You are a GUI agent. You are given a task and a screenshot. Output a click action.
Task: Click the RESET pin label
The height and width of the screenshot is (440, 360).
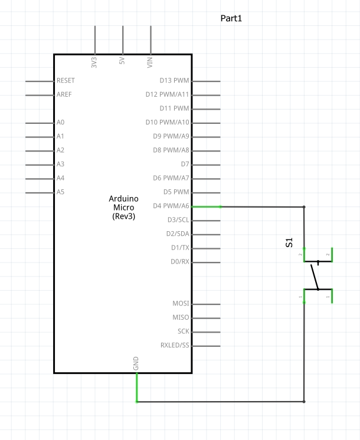(x=66, y=80)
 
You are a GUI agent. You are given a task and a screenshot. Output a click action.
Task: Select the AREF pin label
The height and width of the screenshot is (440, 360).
(x=64, y=94)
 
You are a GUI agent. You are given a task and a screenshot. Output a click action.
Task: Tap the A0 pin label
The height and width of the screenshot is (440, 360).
(x=60, y=122)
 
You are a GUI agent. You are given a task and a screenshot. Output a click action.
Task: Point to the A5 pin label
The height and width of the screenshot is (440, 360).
(x=60, y=192)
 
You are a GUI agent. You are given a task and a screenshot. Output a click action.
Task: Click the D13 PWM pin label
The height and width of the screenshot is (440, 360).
(x=174, y=80)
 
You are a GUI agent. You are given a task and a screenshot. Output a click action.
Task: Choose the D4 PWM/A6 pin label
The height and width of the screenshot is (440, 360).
(x=171, y=206)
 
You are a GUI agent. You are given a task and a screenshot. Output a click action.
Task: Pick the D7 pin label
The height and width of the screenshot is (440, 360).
(x=185, y=164)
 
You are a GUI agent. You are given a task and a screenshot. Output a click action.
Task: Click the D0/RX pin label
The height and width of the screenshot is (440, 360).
(x=179, y=261)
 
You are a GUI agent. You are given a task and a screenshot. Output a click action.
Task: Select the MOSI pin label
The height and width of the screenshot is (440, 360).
(x=181, y=303)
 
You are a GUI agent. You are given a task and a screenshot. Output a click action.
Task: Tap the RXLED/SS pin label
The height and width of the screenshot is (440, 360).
(x=175, y=345)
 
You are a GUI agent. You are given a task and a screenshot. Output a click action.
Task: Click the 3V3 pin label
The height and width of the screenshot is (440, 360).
(x=94, y=63)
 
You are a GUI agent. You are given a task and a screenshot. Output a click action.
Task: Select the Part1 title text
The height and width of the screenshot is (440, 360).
(x=231, y=19)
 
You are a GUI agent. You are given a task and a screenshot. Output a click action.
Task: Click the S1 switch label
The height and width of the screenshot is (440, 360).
(x=289, y=242)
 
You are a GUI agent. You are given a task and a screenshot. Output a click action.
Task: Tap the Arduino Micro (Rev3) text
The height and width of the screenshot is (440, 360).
(x=123, y=208)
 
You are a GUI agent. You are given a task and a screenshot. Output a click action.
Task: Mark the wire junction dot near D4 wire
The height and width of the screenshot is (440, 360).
(x=304, y=207)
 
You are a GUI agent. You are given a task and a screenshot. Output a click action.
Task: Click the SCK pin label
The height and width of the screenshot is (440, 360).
(x=184, y=331)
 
